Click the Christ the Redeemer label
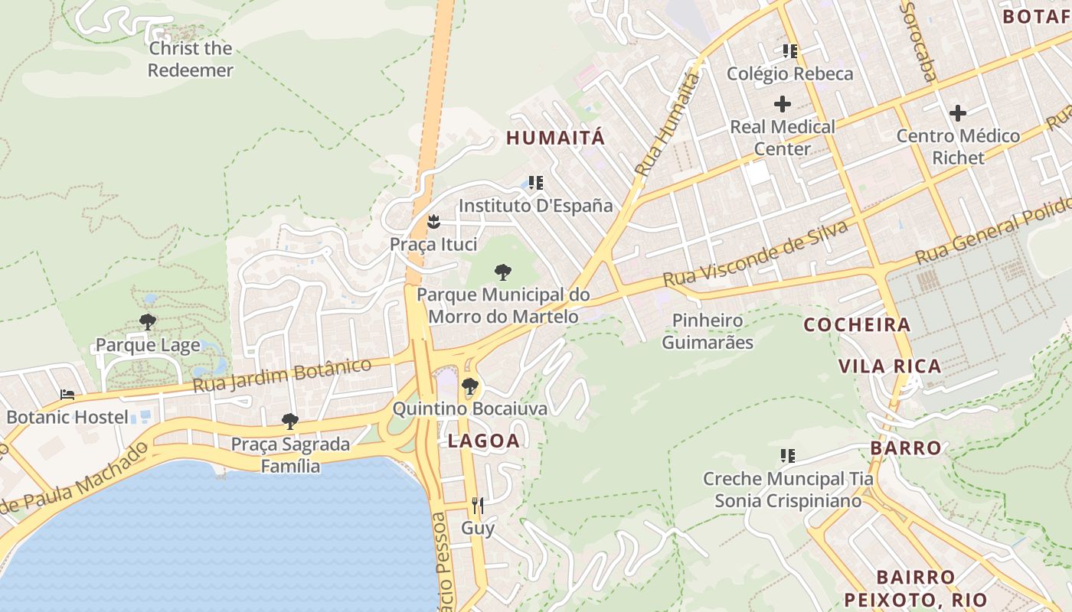point(190,59)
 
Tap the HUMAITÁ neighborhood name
point(556,138)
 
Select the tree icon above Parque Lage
point(148,322)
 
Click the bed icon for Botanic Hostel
point(67,395)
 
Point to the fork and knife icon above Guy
point(478,505)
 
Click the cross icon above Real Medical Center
point(783,104)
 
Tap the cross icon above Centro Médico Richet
point(958,114)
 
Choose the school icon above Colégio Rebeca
point(789,51)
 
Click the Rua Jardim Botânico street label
point(282,374)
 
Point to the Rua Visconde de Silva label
point(756,255)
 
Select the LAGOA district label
point(484,441)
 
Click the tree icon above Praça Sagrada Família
point(289,421)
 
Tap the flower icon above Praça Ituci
point(433,223)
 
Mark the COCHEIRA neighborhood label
point(857,325)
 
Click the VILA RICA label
point(890,366)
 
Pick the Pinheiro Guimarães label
point(708,331)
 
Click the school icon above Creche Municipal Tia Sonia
point(787,456)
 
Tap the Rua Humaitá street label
point(668,125)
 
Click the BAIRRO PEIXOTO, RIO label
point(916,588)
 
